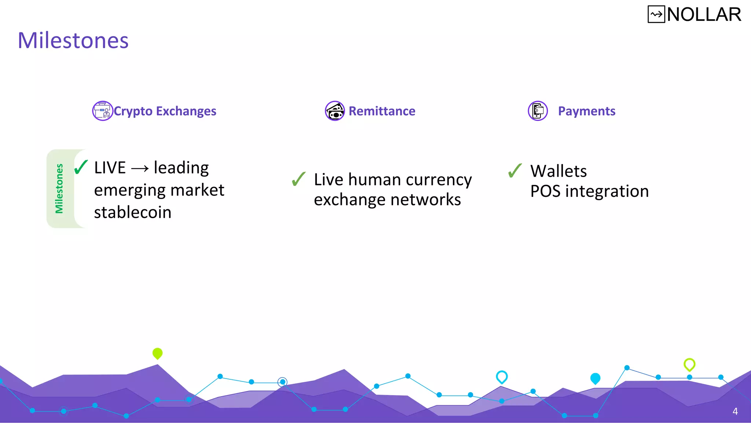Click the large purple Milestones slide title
pos(73,40)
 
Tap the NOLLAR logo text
pos(704,15)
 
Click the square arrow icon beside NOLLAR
pos(656,15)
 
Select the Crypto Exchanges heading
pos(165,111)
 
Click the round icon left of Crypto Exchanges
pos(102,111)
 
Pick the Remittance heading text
pos(382,111)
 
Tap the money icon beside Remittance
pos(335,111)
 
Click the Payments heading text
pos(586,111)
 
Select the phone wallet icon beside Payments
pos(538,111)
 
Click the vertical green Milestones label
pos(59,188)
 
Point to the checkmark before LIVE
pos(81,167)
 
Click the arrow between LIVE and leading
pos(140,169)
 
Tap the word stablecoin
pos(133,213)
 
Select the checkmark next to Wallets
pos(515,170)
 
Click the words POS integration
pos(589,191)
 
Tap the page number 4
pos(735,411)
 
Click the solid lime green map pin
pos(157,353)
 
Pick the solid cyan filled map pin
pos(595,378)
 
